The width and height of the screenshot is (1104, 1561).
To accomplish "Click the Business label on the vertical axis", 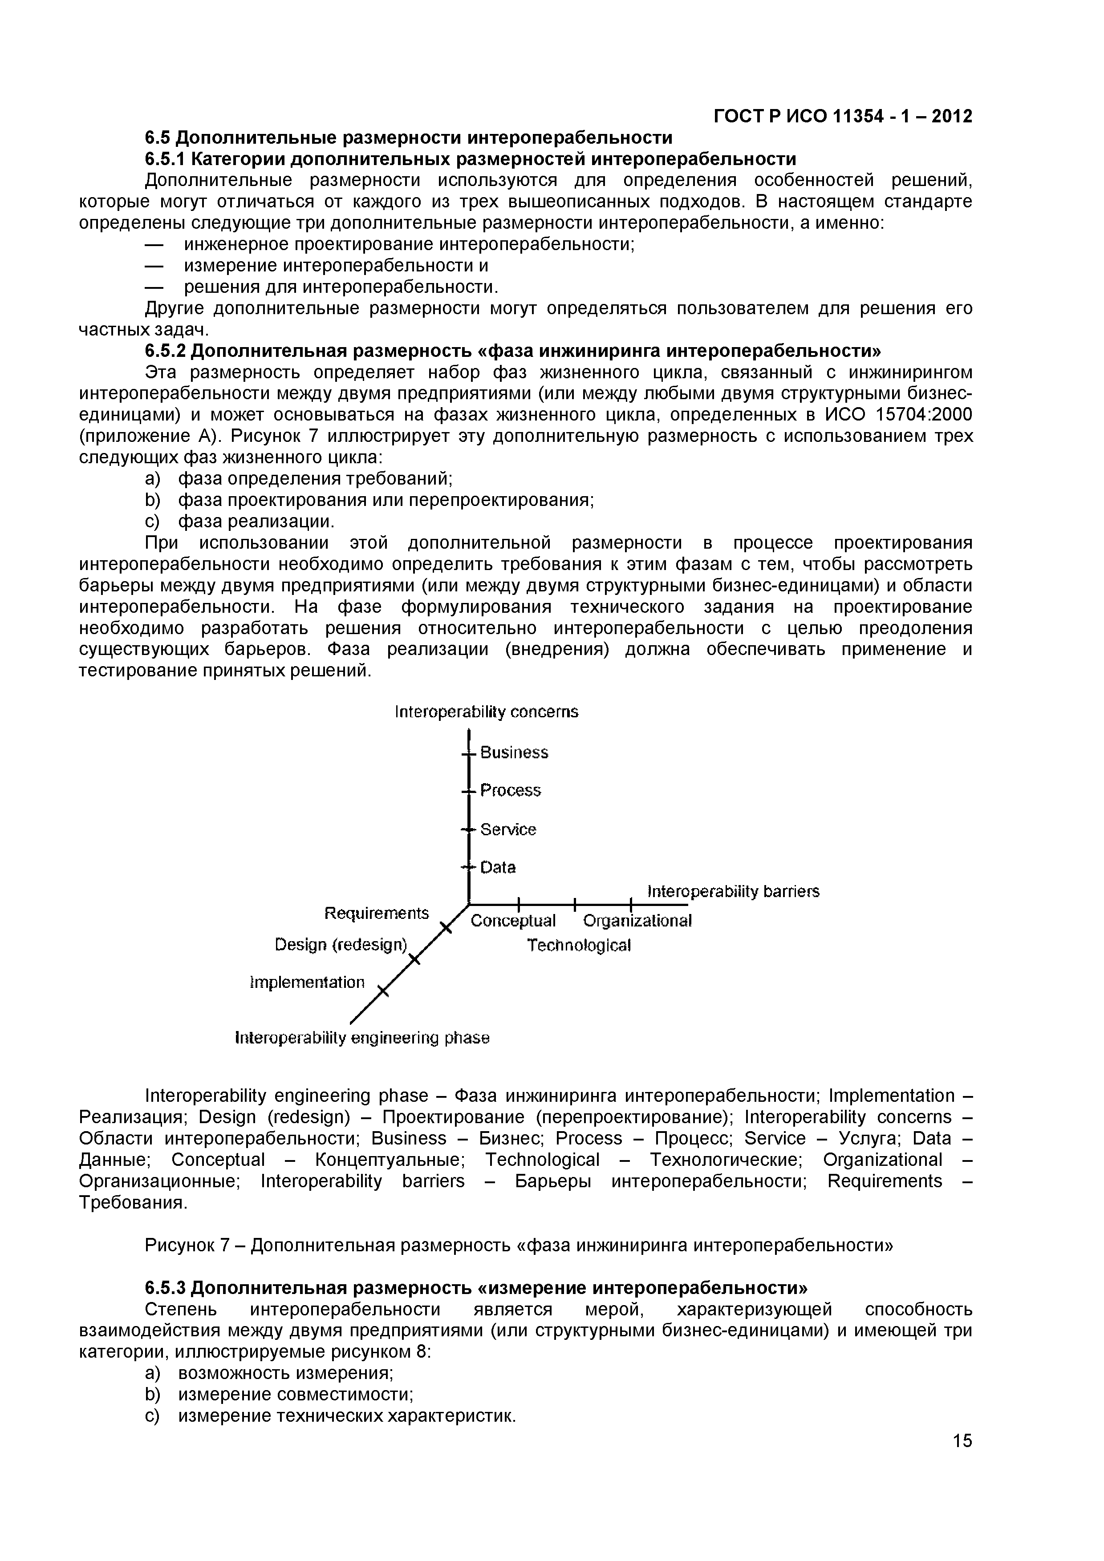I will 514,752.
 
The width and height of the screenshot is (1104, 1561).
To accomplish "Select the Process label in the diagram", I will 510,791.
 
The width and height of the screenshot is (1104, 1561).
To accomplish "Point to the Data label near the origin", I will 498,868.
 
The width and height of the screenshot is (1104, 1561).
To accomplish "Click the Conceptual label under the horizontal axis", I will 513,921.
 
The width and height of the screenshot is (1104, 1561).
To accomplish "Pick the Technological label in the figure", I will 579,946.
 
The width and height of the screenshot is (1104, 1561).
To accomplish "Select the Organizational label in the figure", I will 637,921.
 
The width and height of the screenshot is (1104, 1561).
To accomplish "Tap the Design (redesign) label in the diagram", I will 341,945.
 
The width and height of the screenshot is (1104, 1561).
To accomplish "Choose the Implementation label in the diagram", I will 308,983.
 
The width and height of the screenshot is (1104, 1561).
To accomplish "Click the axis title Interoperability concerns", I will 487,712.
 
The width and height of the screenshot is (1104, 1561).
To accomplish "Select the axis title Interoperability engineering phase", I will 362,1038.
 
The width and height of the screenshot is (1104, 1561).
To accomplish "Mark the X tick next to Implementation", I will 383,992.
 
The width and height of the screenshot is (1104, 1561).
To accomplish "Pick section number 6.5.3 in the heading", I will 165,1288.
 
